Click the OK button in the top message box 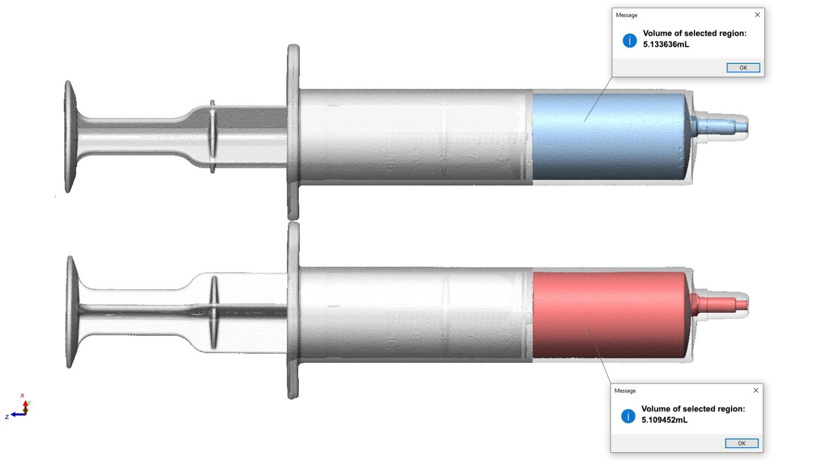tap(743, 68)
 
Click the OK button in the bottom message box tap(741, 443)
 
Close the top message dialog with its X tap(757, 15)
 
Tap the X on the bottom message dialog tap(756, 390)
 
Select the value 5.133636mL tap(666, 44)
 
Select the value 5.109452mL tap(664, 420)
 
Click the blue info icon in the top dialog tap(629, 40)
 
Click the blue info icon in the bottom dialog tap(628, 416)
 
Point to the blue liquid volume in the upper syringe tap(607, 137)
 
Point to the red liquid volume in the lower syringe tap(607, 315)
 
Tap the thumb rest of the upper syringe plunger tap(69, 137)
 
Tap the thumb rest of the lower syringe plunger tap(70, 312)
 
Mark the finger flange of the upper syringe tap(293, 132)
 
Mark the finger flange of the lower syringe tap(293, 311)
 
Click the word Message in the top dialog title tap(626, 15)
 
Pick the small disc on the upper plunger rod tap(212, 137)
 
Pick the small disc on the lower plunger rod tap(214, 312)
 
